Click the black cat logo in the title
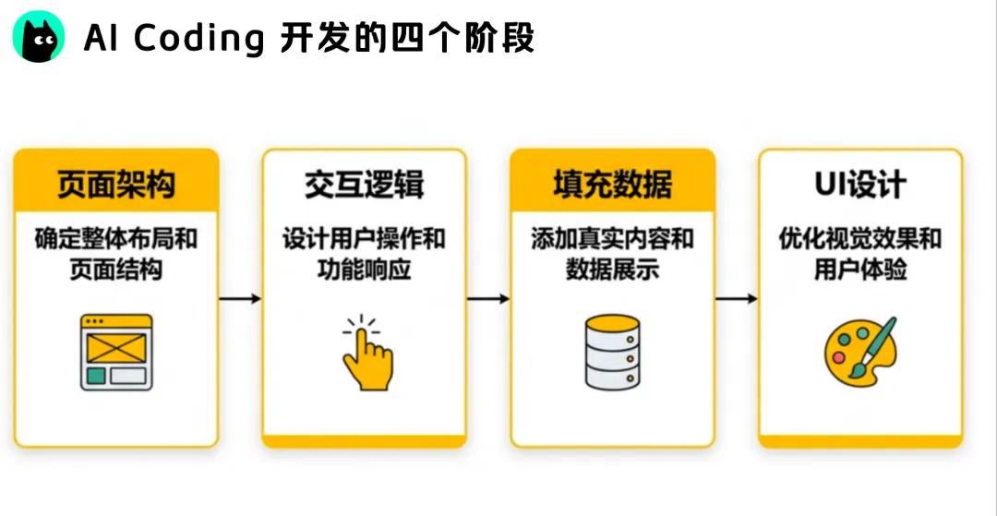point(39,39)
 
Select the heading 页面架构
point(115,184)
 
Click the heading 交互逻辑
point(365,184)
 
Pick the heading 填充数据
point(612,184)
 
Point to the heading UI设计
point(859,184)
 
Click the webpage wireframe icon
point(115,352)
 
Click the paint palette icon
point(859,352)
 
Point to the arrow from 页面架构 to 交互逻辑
point(240,299)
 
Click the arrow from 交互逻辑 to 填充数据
point(488,299)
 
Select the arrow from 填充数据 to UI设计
point(737,299)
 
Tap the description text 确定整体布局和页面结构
point(115,255)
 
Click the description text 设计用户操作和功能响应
point(365,255)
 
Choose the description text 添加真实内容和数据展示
point(612,255)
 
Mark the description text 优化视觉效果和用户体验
point(859,255)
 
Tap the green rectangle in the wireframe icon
point(95,376)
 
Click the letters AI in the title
point(101,39)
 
